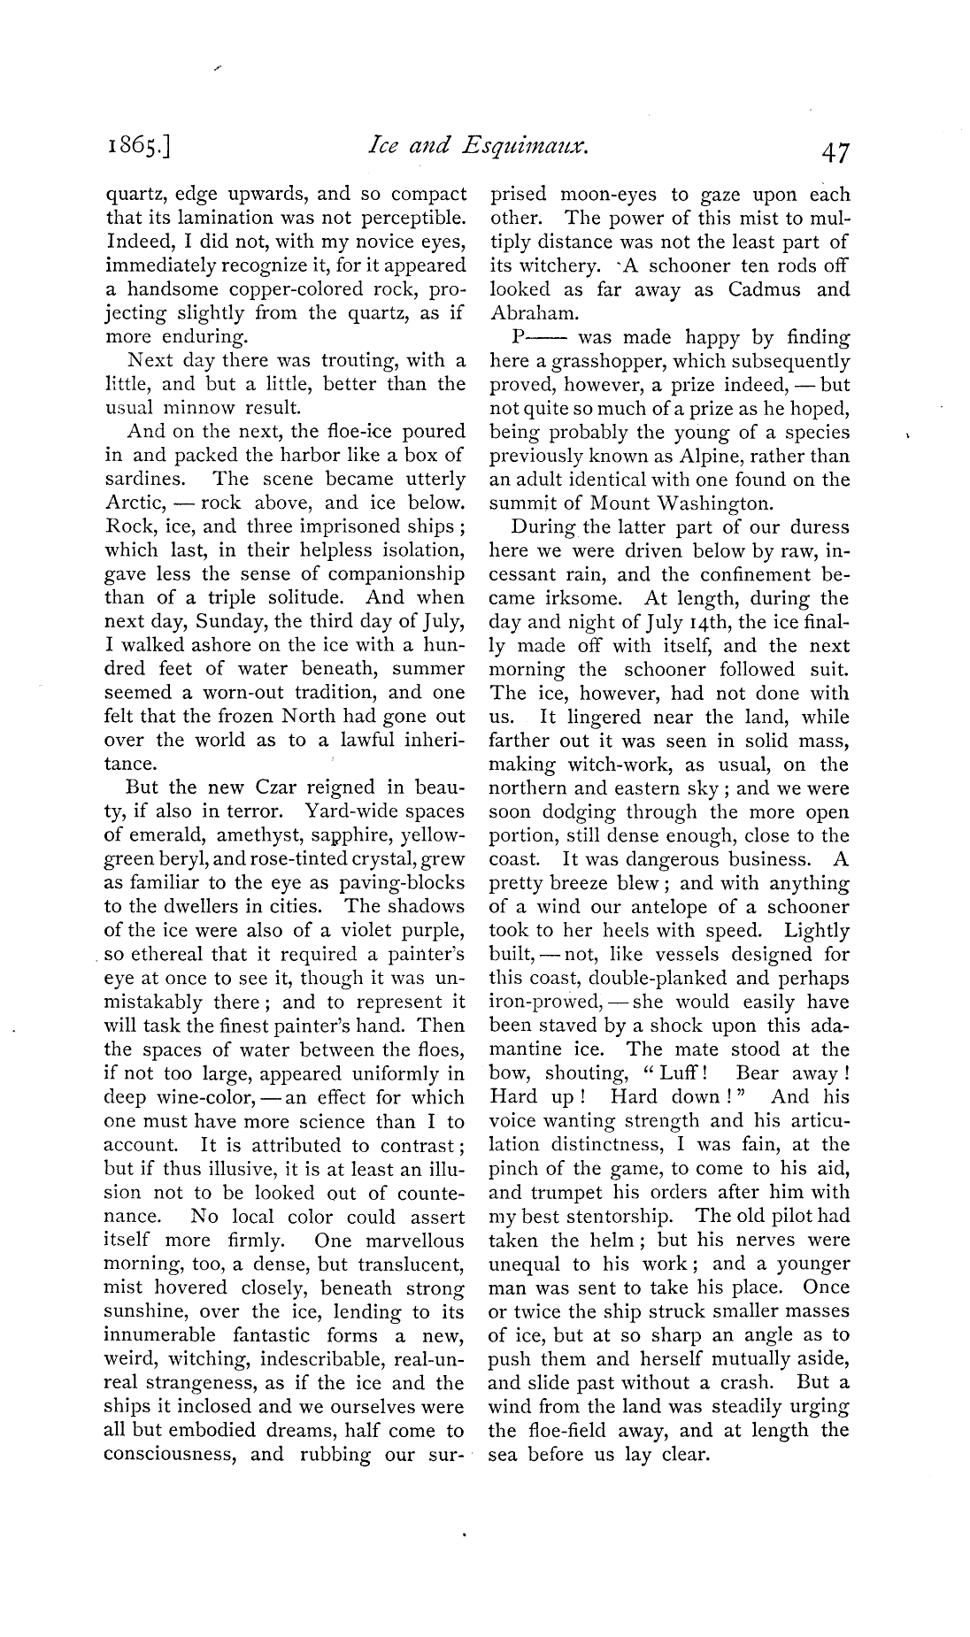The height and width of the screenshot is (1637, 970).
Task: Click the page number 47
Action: (x=835, y=153)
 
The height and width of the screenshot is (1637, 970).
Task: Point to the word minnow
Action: (x=209, y=408)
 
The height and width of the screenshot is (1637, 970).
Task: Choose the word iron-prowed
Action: (x=545, y=1003)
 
